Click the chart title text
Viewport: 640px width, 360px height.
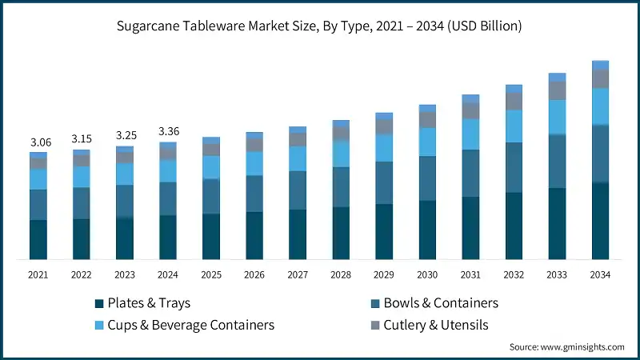320,26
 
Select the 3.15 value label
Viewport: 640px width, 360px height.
82,139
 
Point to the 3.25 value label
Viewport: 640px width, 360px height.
125,136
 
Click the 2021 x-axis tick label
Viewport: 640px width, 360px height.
38,274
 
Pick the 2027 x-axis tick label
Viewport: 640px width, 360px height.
298,274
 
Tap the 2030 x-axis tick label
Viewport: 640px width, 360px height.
427,274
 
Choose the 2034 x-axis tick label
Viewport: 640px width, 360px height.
600,274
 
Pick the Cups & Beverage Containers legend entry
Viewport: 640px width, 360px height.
185,325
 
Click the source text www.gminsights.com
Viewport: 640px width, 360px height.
566,347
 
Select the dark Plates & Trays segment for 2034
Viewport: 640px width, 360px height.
600,221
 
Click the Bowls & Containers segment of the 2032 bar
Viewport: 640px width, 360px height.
514,167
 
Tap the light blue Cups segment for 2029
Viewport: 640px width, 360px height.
384,147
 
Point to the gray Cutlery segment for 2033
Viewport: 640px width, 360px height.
557,90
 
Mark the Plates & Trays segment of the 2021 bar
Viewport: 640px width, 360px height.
38,239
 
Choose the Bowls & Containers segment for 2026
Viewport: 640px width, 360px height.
254,193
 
